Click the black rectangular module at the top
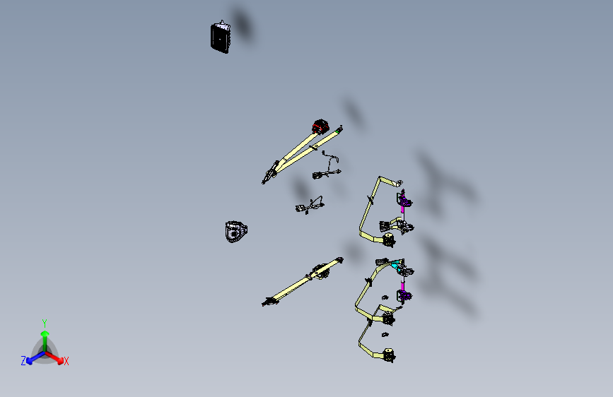click(221, 37)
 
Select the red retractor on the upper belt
click(320, 126)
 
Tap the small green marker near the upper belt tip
click(337, 132)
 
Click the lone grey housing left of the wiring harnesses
click(235, 232)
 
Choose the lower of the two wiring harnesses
click(310, 206)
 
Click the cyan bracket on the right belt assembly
click(397, 265)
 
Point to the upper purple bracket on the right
click(404, 198)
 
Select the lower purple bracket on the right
click(404, 295)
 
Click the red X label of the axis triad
click(66, 362)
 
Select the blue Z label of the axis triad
click(23, 361)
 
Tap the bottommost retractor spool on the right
click(389, 355)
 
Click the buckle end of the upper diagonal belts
click(269, 174)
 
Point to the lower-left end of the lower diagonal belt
click(268, 301)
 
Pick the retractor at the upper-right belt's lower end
click(389, 239)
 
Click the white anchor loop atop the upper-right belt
click(399, 182)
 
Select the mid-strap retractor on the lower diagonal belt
click(320, 271)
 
